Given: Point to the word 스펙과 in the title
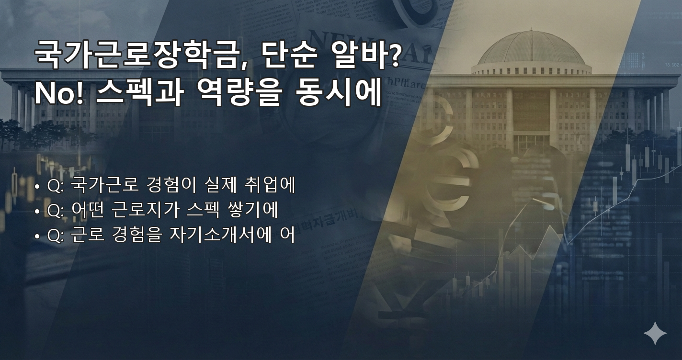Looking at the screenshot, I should [139, 94].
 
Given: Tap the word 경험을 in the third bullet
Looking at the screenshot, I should [137, 236].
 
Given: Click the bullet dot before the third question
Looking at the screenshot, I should [37, 236].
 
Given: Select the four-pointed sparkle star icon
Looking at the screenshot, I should [655, 333].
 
